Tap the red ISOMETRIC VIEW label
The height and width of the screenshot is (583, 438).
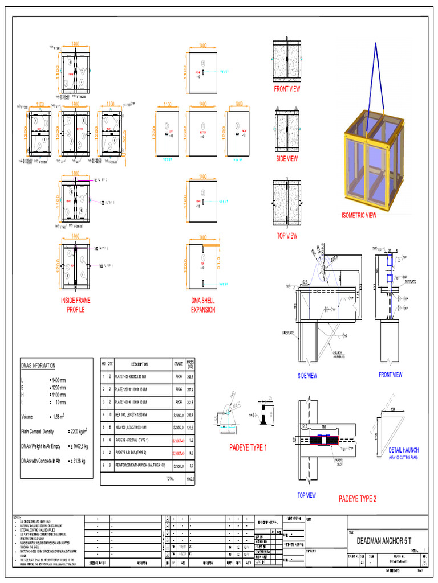[359, 215]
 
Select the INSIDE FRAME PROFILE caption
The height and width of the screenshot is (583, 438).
[75, 305]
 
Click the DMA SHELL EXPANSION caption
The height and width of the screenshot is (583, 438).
[203, 305]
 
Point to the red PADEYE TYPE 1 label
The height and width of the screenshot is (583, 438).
[248, 448]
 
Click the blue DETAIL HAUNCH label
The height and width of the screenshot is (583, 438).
[403, 450]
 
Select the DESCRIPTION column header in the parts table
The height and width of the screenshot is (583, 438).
[139, 364]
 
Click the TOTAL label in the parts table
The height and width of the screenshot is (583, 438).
[169, 479]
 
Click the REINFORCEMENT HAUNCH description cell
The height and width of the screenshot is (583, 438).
[140, 465]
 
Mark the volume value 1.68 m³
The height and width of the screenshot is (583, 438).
[58, 417]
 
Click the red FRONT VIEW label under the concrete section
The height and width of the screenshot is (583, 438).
[287, 89]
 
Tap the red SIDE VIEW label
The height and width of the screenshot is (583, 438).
[287, 159]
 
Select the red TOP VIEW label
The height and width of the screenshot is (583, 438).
[287, 236]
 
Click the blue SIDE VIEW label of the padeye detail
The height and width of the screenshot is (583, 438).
[307, 376]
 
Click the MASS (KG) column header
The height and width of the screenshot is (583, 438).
[191, 364]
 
